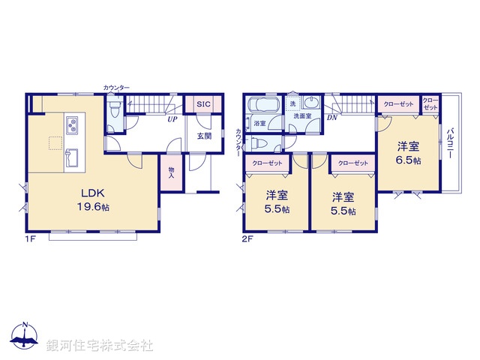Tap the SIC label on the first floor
(202, 106)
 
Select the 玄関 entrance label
(204, 136)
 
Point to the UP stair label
(172, 119)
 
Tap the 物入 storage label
(171, 173)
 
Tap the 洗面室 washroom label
(302, 116)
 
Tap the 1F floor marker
(31, 241)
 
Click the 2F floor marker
(248, 241)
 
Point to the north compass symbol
(25, 336)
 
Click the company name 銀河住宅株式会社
(99, 346)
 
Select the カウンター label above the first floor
(116, 88)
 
